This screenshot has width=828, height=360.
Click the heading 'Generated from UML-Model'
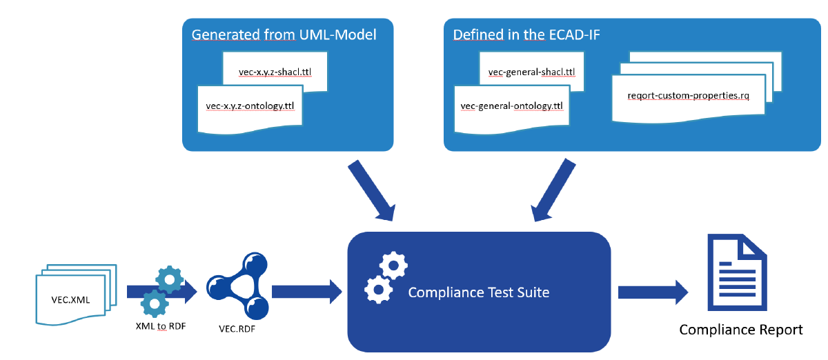(x=284, y=34)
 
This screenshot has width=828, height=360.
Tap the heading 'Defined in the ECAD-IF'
(x=526, y=34)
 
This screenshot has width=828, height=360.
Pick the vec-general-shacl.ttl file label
(x=531, y=72)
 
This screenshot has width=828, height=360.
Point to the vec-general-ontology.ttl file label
(x=511, y=106)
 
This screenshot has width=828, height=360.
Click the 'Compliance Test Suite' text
(x=479, y=292)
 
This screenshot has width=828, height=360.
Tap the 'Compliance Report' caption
(x=741, y=330)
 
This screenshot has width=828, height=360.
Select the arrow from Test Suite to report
(x=653, y=292)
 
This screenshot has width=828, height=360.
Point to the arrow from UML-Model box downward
(x=371, y=190)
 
